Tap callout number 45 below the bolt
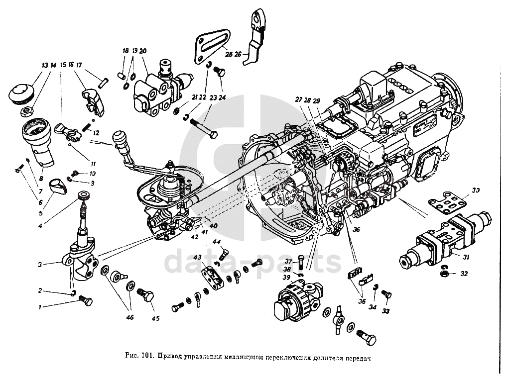point(155,318)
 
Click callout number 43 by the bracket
point(198,257)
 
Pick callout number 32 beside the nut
point(465,273)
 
